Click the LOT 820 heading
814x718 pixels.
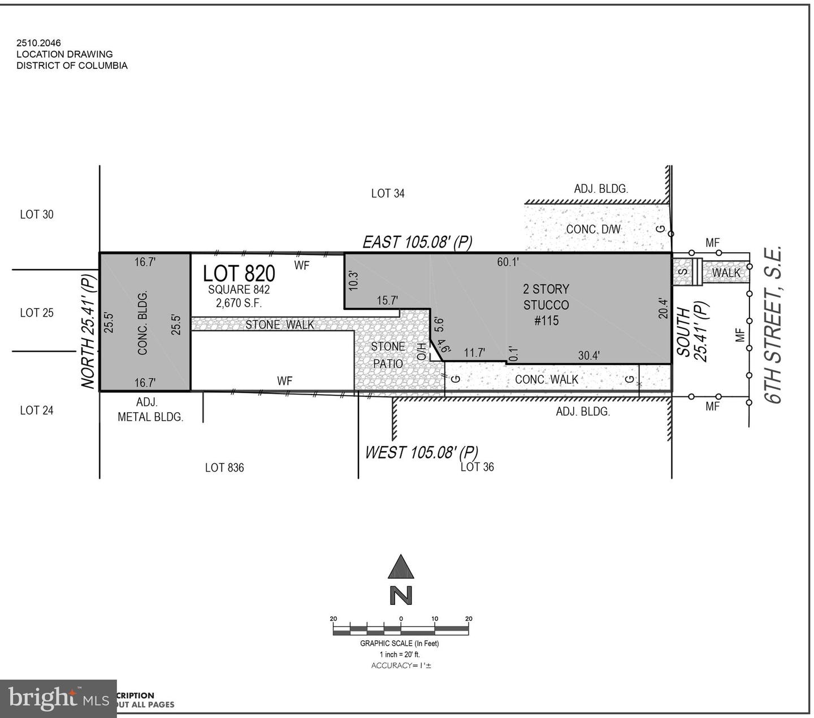[x=239, y=273]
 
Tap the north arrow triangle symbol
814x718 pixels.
[x=401, y=567]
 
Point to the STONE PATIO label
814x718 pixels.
[x=388, y=355]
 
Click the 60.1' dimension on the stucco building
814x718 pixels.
[x=508, y=262]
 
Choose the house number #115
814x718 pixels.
[x=546, y=321]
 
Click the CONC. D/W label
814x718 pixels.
[x=594, y=229]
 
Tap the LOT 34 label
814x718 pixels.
[x=388, y=193]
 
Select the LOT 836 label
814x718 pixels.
[x=224, y=468]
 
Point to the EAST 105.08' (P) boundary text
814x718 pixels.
[x=417, y=242]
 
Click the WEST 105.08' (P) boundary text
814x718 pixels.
[x=421, y=452]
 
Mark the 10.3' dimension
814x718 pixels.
[x=353, y=281]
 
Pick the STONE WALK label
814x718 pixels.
[x=280, y=325]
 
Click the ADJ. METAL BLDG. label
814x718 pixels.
[x=150, y=410]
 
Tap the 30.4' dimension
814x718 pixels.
[x=588, y=355]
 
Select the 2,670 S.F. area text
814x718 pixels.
[x=239, y=303]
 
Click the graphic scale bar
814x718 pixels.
[x=401, y=629]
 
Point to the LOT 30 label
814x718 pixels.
[x=37, y=214]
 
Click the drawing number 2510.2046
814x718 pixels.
[x=38, y=42]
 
